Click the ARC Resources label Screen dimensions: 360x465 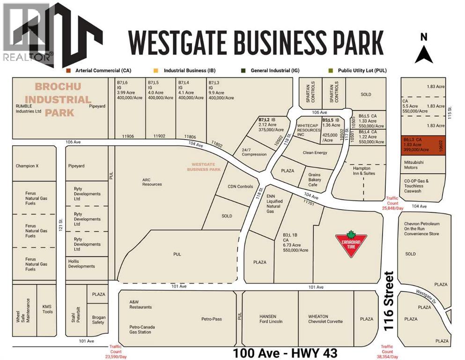click(152, 181)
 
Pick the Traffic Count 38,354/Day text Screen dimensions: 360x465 click(387, 352)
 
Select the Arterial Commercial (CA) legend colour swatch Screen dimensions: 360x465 click(68, 70)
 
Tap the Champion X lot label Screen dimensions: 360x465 click(30, 166)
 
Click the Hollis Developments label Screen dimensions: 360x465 click(81, 263)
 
